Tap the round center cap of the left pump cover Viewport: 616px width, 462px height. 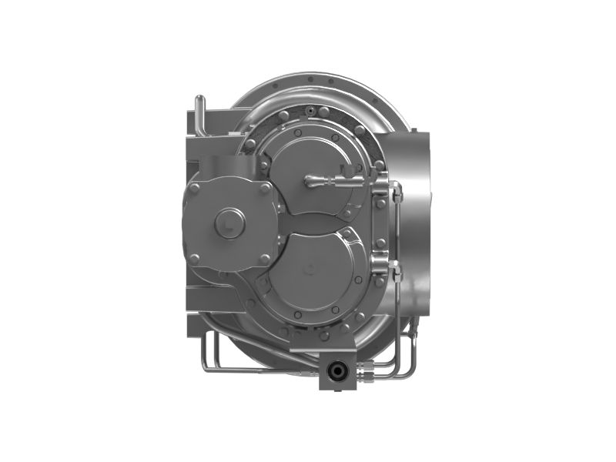227,223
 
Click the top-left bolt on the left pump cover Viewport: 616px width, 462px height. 195,187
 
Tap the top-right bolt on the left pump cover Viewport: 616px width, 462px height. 263,188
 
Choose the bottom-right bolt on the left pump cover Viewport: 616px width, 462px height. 264,259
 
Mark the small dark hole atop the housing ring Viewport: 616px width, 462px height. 310,112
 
